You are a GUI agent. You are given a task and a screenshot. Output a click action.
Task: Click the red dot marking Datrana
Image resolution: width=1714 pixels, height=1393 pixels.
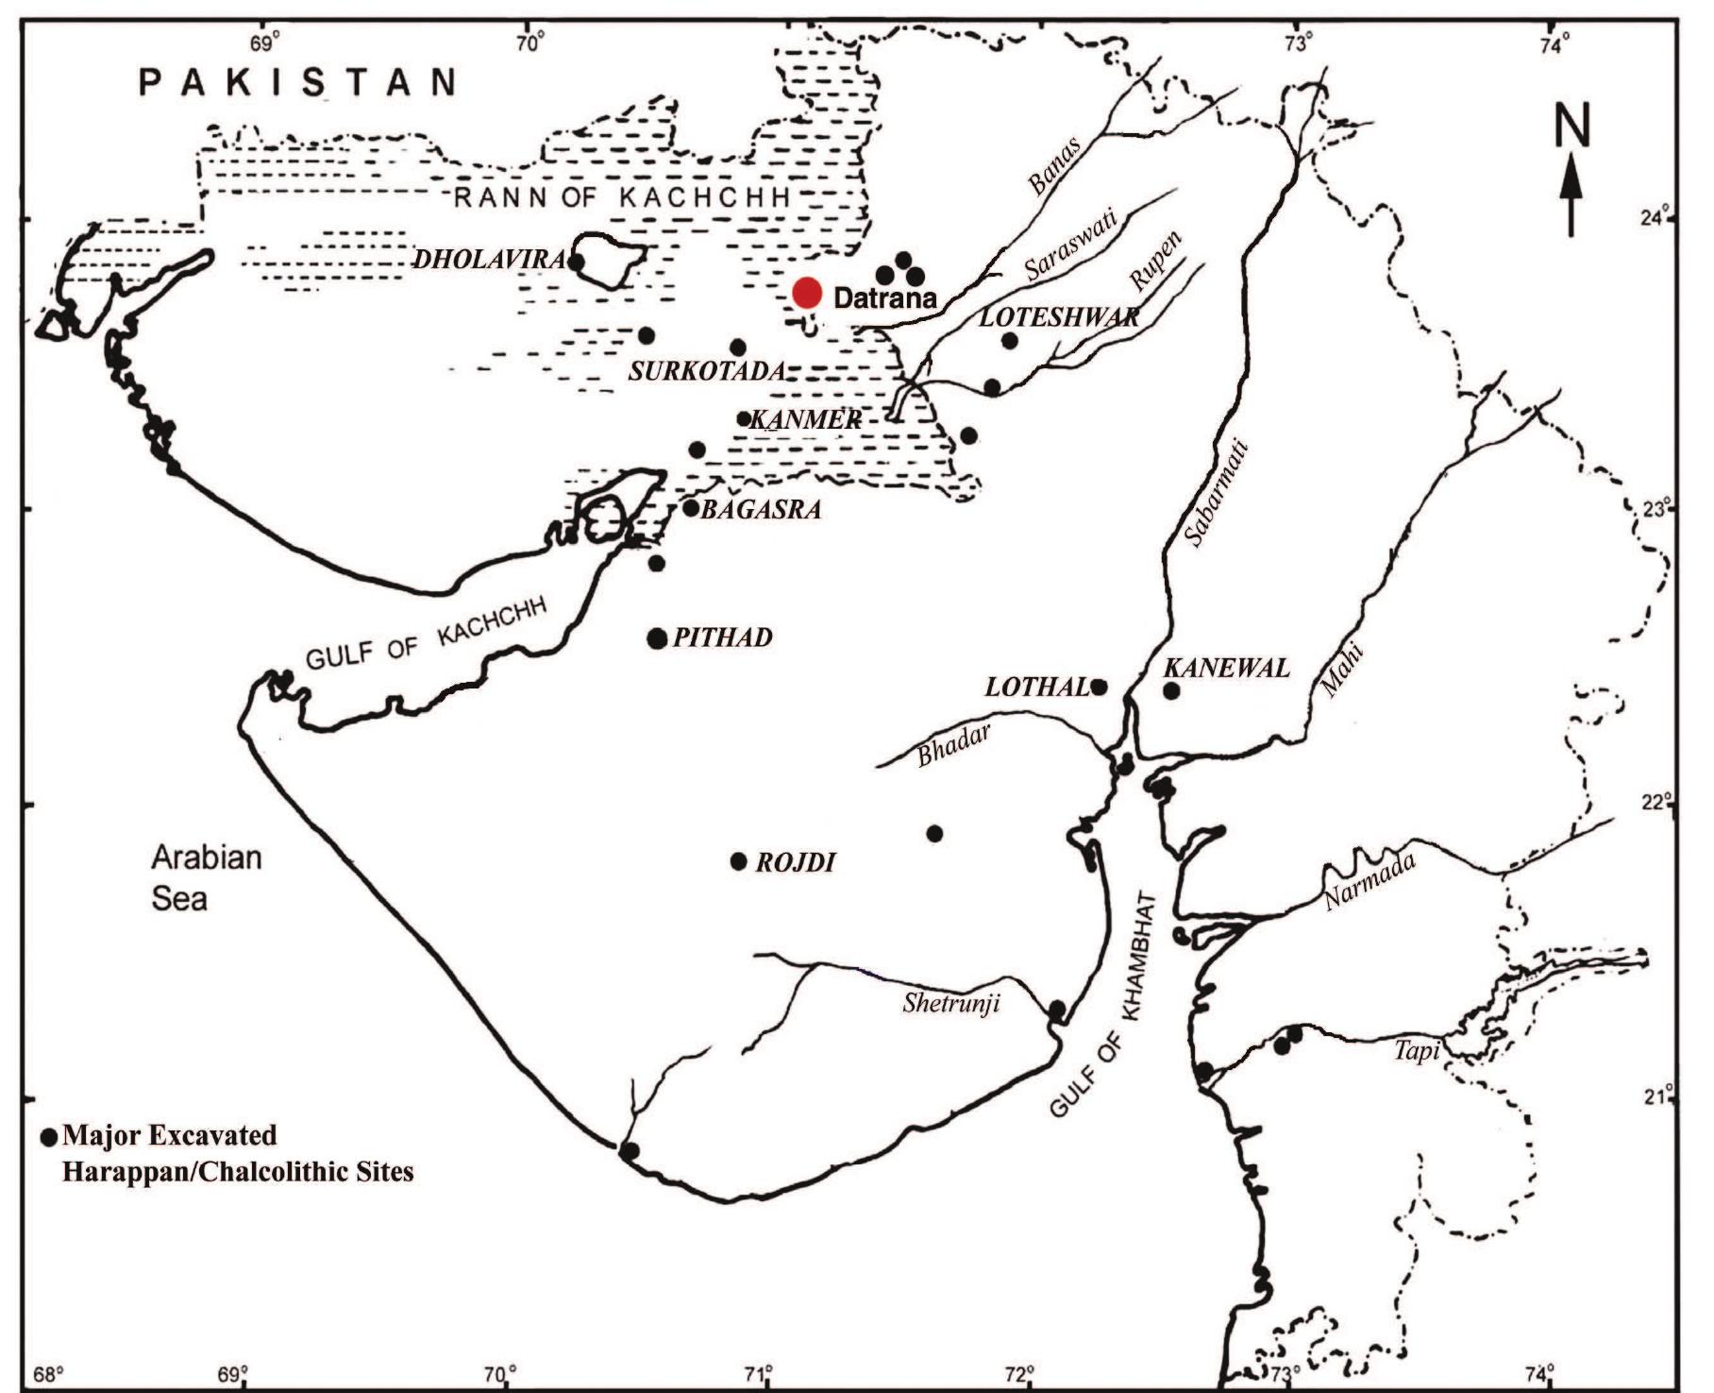808,294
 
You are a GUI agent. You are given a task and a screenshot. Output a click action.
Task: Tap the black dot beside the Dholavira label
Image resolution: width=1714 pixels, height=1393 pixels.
576,262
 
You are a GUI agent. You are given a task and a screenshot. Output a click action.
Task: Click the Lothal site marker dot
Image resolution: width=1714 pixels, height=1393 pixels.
1099,687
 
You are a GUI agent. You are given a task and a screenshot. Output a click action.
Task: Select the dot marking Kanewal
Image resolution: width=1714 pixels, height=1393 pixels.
1171,690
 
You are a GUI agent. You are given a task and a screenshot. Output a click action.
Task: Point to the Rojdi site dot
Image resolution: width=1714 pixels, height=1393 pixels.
739,861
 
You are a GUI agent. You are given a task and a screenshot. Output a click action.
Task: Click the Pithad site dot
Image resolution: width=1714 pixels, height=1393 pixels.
657,638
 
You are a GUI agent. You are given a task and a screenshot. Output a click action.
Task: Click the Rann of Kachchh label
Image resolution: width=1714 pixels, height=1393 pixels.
622,197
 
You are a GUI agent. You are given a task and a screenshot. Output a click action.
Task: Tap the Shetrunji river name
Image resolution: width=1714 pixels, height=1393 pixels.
950,1002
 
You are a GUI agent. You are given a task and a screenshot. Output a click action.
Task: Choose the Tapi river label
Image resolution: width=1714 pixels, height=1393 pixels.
1416,1049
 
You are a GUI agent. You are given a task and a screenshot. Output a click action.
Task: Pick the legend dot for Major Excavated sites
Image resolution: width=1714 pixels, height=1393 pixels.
50,1135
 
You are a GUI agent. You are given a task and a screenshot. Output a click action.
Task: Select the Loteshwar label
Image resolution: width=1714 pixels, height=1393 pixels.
1058,316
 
